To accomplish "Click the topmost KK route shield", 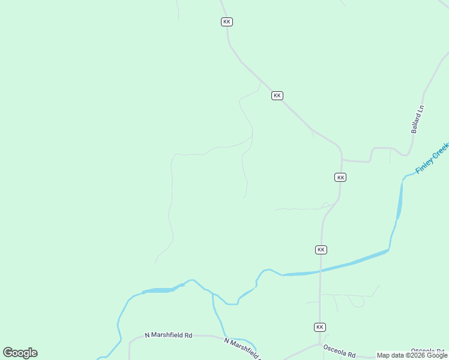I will click(226, 22).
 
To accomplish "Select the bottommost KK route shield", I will click(320, 327).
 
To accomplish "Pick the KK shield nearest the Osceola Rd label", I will click(320, 327).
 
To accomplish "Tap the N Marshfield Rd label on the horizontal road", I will click(168, 335).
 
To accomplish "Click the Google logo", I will click(20, 353).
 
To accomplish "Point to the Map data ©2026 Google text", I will click(412, 356).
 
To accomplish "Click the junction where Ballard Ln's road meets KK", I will click(342, 160).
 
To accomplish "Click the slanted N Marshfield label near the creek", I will click(244, 349).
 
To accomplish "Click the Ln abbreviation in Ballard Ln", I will click(421, 109).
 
